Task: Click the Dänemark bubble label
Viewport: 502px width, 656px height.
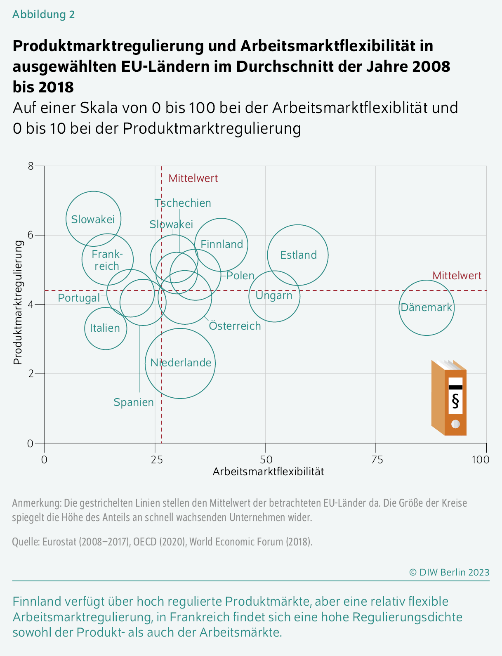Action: [426, 308]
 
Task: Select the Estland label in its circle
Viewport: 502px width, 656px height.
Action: [298, 255]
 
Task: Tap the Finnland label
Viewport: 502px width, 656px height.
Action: [222, 244]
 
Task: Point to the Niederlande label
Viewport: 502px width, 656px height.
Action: [181, 363]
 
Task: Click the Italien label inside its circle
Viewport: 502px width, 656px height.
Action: [105, 328]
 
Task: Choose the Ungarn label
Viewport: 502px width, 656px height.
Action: [274, 296]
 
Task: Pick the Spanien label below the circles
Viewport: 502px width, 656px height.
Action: [134, 402]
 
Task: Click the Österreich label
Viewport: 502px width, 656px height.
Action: [235, 326]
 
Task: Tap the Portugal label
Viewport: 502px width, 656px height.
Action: [78, 298]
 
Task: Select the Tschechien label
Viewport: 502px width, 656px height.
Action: [183, 203]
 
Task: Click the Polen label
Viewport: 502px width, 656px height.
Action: [240, 276]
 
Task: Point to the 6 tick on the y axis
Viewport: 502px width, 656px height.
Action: [30, 235]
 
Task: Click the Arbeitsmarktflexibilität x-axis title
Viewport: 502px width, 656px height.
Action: [268, 472]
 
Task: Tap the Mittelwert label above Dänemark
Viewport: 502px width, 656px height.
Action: [457, 276]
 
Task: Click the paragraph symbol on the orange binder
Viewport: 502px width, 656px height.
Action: [455, 401]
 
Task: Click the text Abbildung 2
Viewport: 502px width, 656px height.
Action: [43, 14]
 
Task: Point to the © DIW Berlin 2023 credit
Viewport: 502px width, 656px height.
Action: [449, 572]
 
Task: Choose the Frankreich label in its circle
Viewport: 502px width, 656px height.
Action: [107, 260]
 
